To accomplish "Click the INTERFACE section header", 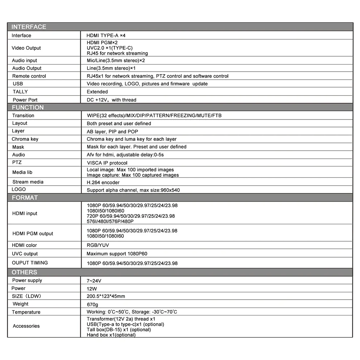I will pyautogui.click(x=29, y=27).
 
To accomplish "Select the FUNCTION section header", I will pyautogui.click(x=28, y=107).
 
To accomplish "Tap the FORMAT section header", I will pyautogui.click(x=25, y=198).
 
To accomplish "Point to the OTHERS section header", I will pyautogui.click(x=24, y=272).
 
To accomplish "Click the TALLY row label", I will pyautogui.click(x=20, y=92).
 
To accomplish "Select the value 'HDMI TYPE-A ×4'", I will pyautogui.click(x=106, y=36).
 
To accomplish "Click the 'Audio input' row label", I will pyautogui.click(x=24, y=60).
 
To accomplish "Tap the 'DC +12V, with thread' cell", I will pyautogui.click(x=112, y=100).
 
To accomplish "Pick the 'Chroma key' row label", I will pyautogui.click(x=25, y=139).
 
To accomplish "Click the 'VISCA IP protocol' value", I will pyautogui.click(x=107, y=163).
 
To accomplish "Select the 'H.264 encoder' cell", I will pyautogui.click(x=103, y=183).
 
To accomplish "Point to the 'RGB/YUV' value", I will pyautogui.click(x=98, y=245).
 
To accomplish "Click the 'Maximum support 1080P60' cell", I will pyautogui.click(x=117, y=254).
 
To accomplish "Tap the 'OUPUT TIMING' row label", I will pyautogui.click(x=30, y=263).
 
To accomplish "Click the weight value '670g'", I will pyautogui.click(x=93, y=304).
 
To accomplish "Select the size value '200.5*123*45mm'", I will pyautogui.click(x=106, y=296).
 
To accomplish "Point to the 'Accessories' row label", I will pyautogui.click(x=26, y=326).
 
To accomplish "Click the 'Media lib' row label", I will pyautogui.click(x=22, y=172).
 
